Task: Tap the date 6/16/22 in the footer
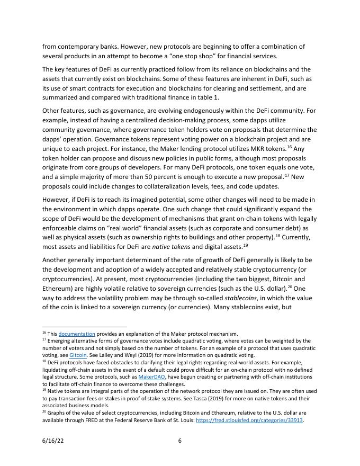pyautogui.click(x=52, y=440)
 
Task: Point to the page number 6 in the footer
pyautogui.click(x=180, y=440)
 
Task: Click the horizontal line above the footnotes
pyautogui.click(x=85, y=327)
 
